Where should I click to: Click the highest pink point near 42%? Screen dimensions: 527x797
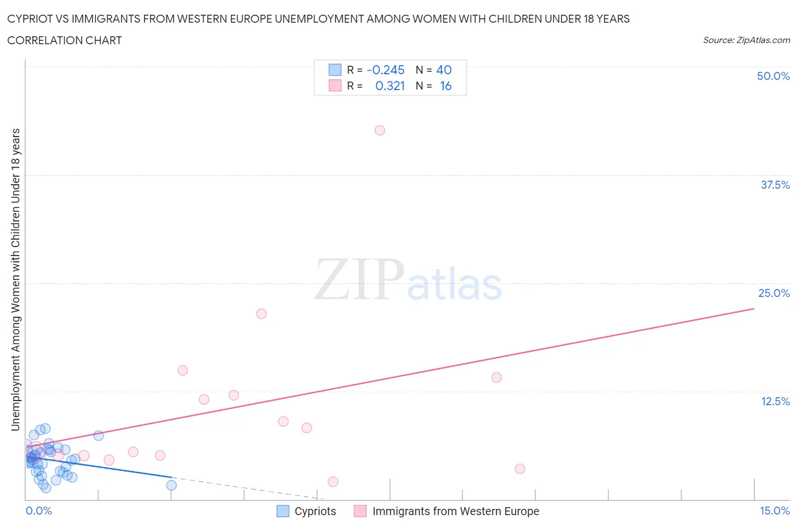[x=380, y=130]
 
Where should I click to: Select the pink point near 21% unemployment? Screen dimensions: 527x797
[x=261, y=314]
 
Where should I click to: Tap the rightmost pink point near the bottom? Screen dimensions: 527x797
[x=520, y=469]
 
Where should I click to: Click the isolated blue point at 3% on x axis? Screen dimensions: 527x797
[x=171, y=485]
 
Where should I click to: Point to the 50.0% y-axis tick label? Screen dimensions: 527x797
[x=773, y=76]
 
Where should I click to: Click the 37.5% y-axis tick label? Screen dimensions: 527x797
[x=775, y=185]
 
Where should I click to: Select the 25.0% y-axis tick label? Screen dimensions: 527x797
[x=774, y=293]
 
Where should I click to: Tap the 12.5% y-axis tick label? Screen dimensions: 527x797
[x=775, y=401]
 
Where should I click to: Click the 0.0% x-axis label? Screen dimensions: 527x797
[x=39, y=511]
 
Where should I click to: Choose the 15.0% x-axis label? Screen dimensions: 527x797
[x=774, y=511]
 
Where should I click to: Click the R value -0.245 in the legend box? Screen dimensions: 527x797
[x=385, y=70]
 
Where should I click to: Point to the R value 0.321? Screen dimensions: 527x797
[x=390, y=86]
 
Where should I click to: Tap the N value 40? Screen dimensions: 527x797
[x=444, y=70]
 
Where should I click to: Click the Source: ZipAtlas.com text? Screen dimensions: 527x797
[x=746, y=40]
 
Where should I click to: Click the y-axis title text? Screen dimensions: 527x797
[x=16, y=279]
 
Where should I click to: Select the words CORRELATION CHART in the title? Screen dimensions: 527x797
[x=65, y=40]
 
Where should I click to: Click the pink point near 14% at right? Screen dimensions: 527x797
[x=497, y=377]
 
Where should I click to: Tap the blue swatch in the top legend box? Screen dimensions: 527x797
[x=335, y=70]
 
